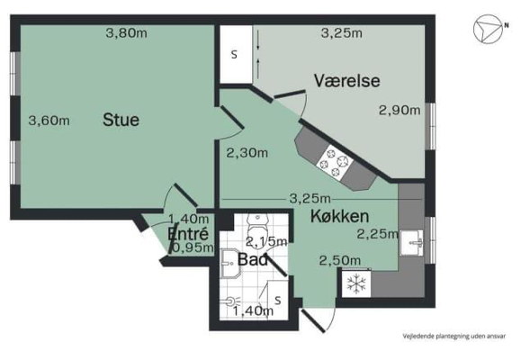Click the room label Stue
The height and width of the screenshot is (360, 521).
coord(121,120)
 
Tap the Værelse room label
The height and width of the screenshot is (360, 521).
coord(346,81)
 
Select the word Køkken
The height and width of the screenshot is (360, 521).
coord(338,216)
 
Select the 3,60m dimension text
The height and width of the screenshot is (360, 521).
coord(49,120)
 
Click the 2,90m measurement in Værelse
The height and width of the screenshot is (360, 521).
coord(399,110)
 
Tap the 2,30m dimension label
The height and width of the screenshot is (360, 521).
coord(247,153)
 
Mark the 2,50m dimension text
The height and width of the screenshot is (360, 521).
coord(340,260)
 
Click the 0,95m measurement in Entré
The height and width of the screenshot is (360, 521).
coord(192,247)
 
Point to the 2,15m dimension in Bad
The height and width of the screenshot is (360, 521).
coord(266,241)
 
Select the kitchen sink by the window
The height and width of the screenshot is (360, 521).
coord(414,241)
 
